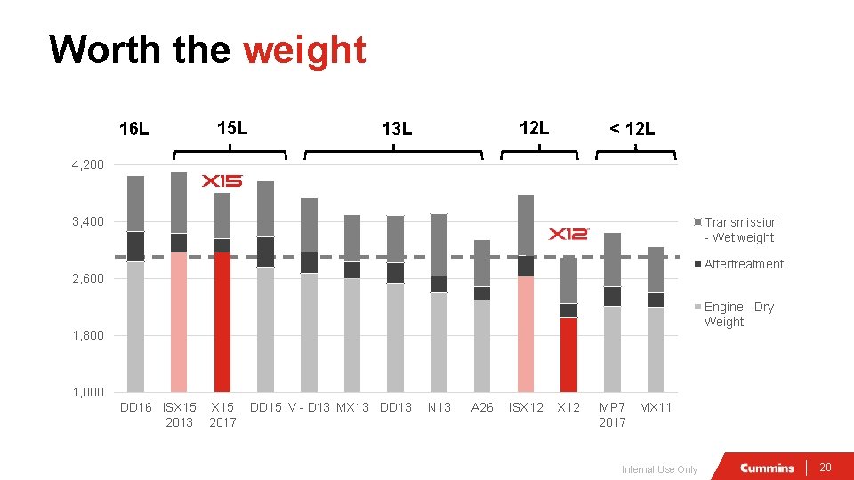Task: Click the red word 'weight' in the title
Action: pyautogui.click(x=304, y=50)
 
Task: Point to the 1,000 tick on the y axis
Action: pyautogui.click(x=87, y=392)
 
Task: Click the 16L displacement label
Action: pyautogui.click(x=134, y=130)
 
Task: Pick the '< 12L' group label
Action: pyautogui.click(x=632, y=130)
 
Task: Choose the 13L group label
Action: pyautogui.click(x=396, y=130)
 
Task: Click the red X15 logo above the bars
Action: pyautogui.click(x=222, y=180)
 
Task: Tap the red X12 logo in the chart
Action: pyautogui.click(x=568, y=234)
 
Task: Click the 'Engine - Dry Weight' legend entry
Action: pyautogui.click(x=738, y=314)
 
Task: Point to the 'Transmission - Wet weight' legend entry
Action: pyautogui.click(x=740, y=229)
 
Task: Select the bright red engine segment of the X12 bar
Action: pyautogui.click(x=568, y=355)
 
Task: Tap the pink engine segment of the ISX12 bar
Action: pyautogui.click(x=525, y=333)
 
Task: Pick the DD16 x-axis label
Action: pyautogui.click(x=136, y=407)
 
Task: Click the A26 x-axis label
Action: pyautogui.click(x=482, y=407)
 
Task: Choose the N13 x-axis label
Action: pyautogui.click(x=439, y=407)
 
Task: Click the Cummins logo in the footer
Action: pyautogui.click(x=767, y=468)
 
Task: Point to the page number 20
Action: pyautogui.click(x=825, y=468)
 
